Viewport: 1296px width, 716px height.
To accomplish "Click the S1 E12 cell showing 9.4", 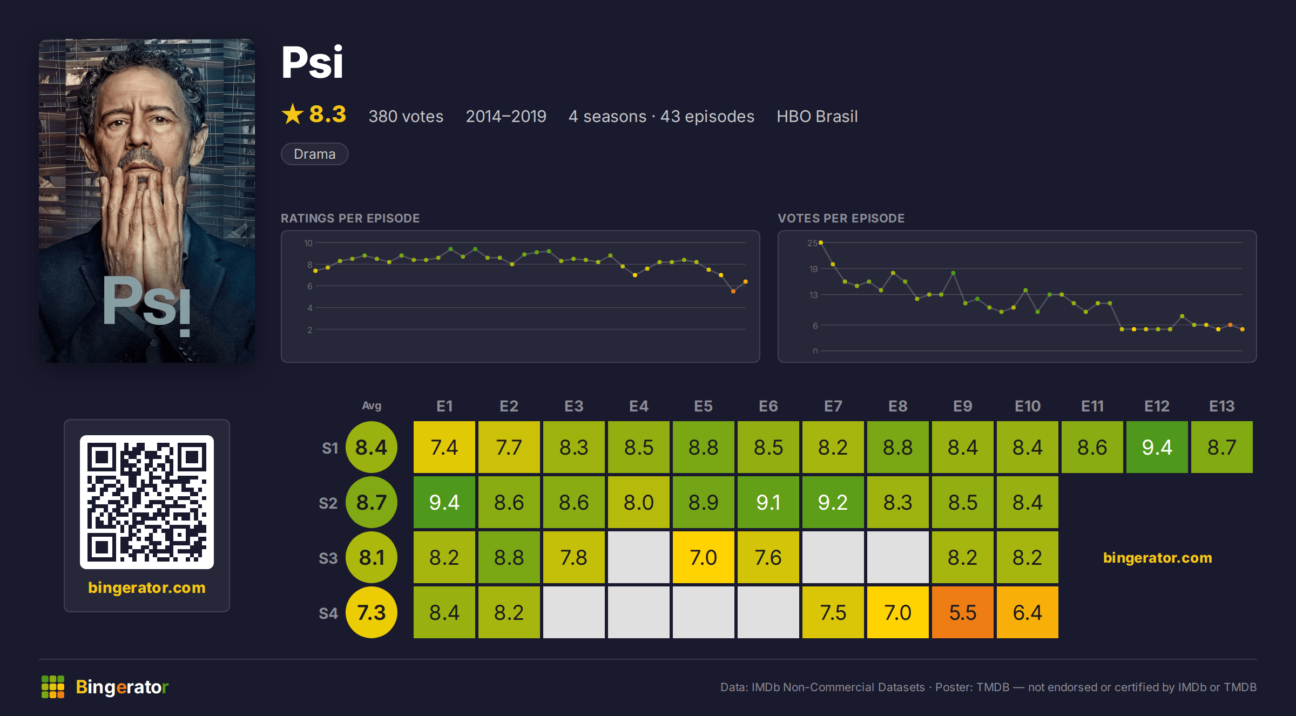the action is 1157,447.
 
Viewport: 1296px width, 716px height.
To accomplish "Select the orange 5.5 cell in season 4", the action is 962,612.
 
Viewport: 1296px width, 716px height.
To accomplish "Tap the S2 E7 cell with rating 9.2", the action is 833,502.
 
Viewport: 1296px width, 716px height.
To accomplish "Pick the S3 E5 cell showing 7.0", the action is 703,557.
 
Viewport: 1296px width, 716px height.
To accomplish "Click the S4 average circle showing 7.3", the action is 372,612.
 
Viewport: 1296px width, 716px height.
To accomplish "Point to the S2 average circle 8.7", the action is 372,502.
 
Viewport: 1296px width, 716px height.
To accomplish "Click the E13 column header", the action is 1221,406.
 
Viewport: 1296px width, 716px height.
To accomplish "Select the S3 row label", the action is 328,558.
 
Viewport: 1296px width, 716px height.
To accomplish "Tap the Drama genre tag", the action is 314,154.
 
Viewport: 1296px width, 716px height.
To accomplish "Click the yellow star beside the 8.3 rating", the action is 293,114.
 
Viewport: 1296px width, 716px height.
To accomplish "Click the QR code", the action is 147,502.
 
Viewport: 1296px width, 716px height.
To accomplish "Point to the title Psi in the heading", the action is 312,62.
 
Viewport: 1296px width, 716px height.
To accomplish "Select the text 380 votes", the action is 406,116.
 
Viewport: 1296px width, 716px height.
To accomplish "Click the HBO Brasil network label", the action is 817,116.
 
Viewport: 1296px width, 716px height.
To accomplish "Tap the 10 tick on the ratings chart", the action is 308,243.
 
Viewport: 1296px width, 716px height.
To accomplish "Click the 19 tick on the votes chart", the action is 813,269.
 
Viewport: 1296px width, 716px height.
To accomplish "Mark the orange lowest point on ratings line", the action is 733,292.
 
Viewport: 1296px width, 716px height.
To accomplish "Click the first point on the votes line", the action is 821,243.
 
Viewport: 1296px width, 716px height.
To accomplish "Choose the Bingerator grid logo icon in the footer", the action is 53,687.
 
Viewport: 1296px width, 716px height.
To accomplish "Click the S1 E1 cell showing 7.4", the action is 444,447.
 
